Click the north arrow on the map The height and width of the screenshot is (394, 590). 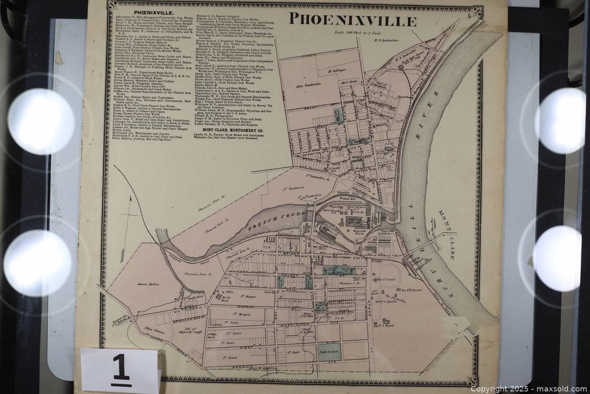coord(131,203)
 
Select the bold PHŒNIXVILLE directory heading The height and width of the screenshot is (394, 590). coord(149,13)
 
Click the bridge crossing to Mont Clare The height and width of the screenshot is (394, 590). coord(421,247)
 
